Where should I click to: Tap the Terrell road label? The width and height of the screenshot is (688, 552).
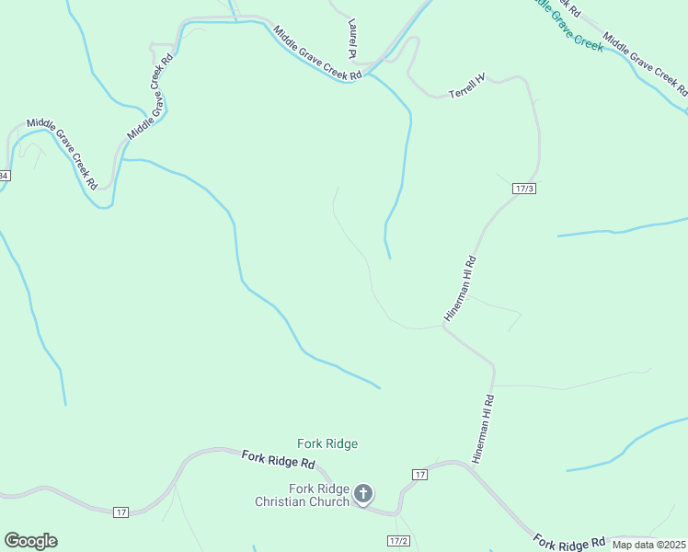pos(466,86)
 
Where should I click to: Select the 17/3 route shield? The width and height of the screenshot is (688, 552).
pos(523,188)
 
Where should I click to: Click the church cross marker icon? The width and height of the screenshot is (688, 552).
pos(363,494)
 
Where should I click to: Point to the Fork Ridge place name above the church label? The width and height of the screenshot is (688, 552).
pos(327,443)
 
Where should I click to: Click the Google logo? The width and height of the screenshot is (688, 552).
pos(30,541)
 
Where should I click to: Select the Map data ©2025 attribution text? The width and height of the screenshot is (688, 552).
pos(649,545)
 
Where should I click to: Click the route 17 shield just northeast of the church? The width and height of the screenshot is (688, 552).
pos(419,474)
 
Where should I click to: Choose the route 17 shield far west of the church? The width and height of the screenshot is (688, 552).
pos(120,512)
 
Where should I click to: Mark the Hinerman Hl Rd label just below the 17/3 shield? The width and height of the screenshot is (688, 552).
pos(459,287)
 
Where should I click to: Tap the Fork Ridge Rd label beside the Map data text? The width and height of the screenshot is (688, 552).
pos(570,543)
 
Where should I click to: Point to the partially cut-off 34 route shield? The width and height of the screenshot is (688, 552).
pos(4,175)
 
